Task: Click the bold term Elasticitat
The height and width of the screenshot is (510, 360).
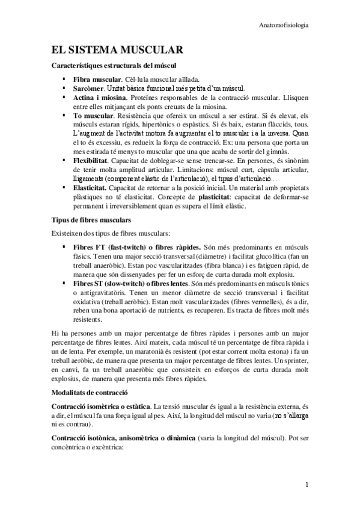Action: click(x=91, y=188)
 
